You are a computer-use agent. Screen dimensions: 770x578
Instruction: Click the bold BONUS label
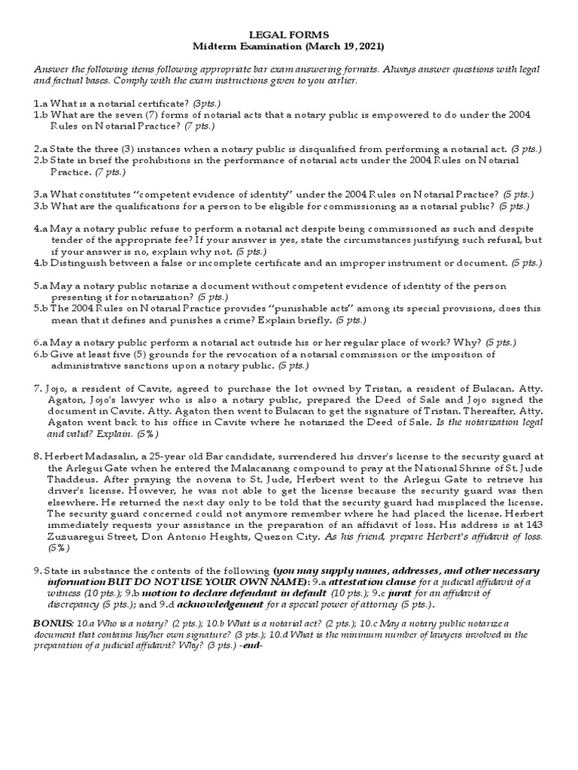[53, 623]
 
